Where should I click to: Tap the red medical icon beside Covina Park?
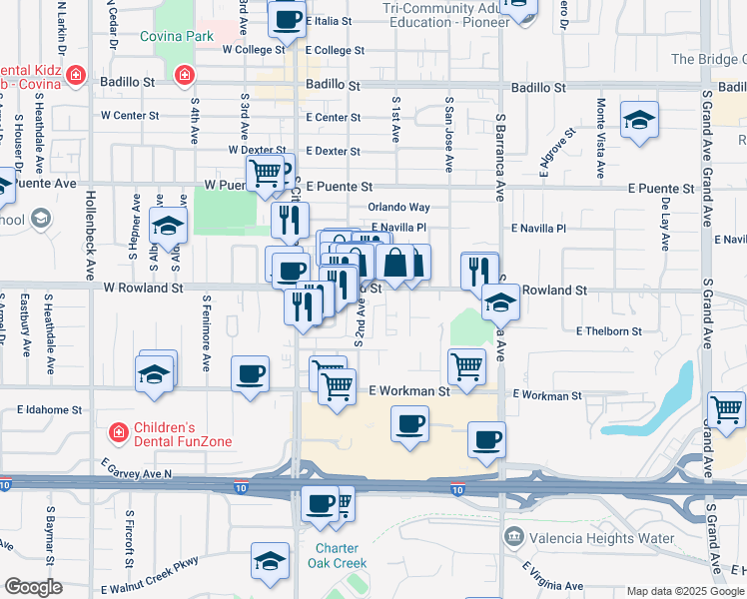point(184,75)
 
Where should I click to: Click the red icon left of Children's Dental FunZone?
point(118,433)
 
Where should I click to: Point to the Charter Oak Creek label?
point(342,556)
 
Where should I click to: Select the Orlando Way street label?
point(398,208)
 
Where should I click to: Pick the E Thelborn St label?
point(608,330)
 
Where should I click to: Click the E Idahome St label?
point(49,410)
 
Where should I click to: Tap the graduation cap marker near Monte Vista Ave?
point(638,122)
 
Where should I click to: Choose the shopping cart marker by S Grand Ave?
point(726,409)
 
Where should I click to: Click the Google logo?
point(33,587)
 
